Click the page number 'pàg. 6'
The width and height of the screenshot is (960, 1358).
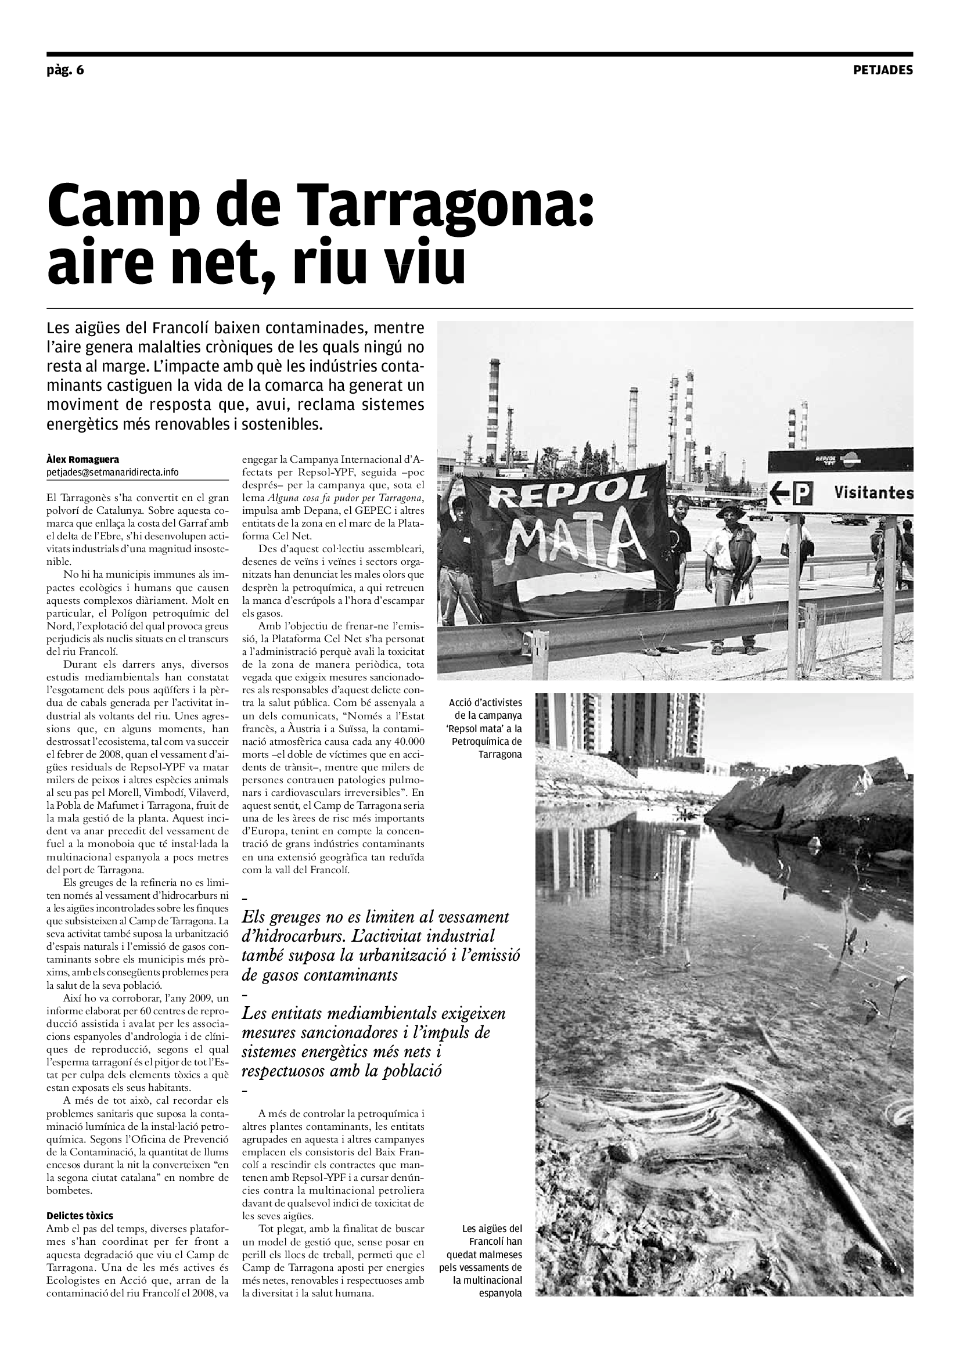tap(66, 70)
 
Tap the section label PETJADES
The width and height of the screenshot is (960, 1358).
tap(883, 70)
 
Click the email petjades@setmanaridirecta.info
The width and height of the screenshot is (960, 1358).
tap(113, 472)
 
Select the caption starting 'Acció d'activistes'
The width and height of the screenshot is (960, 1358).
tap(486, 728)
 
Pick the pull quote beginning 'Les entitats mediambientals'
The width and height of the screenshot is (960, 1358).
tap(374, 1042)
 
